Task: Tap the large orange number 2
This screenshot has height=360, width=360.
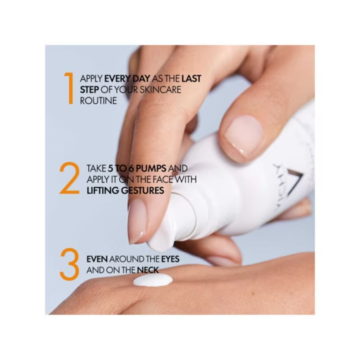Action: coord(69,178)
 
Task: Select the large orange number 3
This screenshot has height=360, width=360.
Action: coord(69,264)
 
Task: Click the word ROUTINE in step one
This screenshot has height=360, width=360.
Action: coord(98,101)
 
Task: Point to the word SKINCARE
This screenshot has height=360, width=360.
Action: coord(160,90)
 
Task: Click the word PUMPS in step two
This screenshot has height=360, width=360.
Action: coord(151,168)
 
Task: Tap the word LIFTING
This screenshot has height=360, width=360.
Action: coord(103,191)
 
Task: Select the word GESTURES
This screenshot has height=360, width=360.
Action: coord(142,191)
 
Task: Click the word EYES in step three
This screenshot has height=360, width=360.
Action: coord(170,259)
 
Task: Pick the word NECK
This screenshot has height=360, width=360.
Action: coord(148,270)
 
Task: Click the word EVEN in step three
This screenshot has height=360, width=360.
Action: coord(97,259)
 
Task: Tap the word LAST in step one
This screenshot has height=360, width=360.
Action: coord(191,79)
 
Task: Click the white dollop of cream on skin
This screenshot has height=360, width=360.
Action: coord(153,281)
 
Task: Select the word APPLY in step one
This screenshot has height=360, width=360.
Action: coord(91,79)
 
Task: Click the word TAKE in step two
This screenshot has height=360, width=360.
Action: coord(96,168)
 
